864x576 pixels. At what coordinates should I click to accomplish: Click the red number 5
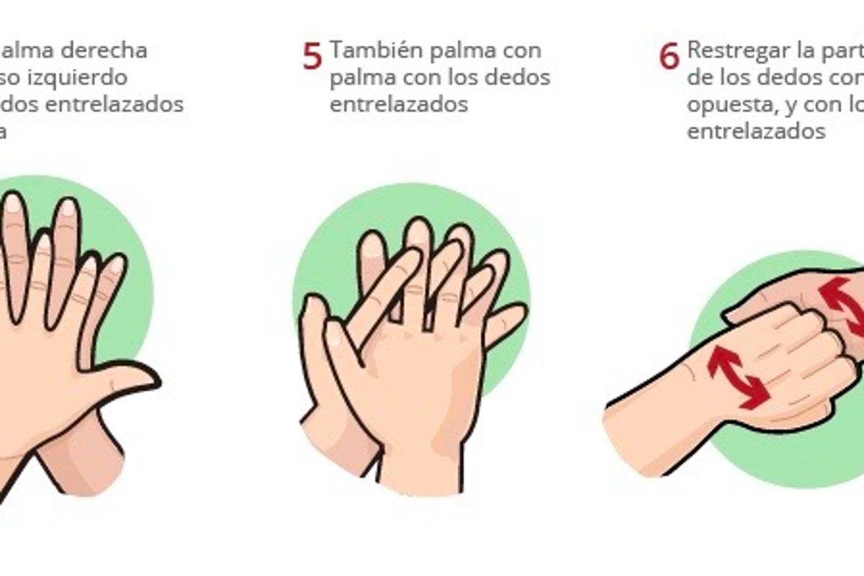[x=312, y=57]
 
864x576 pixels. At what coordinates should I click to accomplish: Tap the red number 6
[x=669, y=57]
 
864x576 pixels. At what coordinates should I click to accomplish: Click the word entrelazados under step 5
[x=399, y=104]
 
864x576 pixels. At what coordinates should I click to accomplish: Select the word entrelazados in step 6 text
[x=755, y=132]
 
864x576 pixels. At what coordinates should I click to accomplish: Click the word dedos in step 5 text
[x=517, y=77]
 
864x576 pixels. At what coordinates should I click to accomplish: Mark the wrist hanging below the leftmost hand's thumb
[x=83, y=454]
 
